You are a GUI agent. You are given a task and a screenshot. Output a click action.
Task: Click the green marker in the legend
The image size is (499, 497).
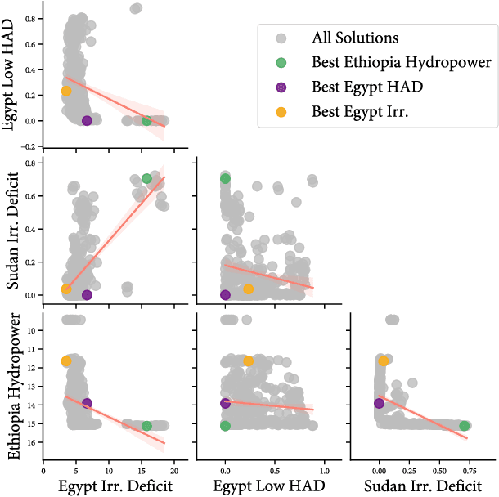pos(280,62)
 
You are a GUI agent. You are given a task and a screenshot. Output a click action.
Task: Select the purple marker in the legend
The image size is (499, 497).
pos(280,87)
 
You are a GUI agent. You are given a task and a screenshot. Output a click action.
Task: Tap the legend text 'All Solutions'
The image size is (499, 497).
pos(355,38)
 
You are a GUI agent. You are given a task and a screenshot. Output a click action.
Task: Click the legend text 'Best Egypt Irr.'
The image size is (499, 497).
pos(359,113)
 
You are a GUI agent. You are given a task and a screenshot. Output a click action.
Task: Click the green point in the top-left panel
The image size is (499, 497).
pos(147,120)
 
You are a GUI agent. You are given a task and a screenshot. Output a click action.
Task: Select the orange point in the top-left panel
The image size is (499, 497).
pos(66,91)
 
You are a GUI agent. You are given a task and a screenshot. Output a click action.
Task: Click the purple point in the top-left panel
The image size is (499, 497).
pos(87,120)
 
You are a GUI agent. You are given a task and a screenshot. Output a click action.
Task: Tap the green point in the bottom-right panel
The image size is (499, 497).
pos(465,426)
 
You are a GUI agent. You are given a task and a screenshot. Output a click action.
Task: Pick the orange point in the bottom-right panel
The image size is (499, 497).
pos(384,360)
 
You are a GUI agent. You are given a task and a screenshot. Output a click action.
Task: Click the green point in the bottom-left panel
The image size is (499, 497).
pos(147,426)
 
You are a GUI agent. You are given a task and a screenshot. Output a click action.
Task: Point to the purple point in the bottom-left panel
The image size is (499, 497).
pos(87,403)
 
